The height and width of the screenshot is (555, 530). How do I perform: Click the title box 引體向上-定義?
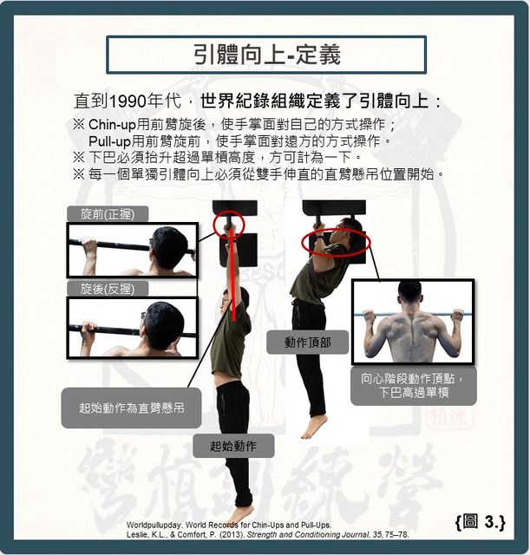click(266, 55)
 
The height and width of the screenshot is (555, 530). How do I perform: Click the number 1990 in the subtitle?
click(128, 101)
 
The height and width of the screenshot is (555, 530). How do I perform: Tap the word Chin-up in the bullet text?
click(112, 125)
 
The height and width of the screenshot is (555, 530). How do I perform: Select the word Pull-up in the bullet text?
click(110, 141)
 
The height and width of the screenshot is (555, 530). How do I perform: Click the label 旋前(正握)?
click(108, 214)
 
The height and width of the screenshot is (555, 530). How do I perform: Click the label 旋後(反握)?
click(108, 289)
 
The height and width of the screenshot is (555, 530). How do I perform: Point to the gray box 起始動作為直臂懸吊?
click(131, 408)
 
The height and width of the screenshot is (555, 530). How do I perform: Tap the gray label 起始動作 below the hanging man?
click(233, 446)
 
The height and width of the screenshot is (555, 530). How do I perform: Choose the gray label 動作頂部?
click(307, 343)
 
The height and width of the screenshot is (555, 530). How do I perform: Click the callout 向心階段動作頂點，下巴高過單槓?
click(414, 386)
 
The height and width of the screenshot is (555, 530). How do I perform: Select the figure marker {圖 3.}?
click(481, 522)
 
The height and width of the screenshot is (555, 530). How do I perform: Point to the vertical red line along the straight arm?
click(233, 274)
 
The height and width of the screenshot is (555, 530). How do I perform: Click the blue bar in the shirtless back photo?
click(413, 314)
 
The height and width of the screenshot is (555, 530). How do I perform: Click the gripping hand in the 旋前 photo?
click(88, 245)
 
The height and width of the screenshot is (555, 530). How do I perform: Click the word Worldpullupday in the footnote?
click(154, 525)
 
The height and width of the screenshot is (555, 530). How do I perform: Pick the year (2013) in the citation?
click(232, 535)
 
